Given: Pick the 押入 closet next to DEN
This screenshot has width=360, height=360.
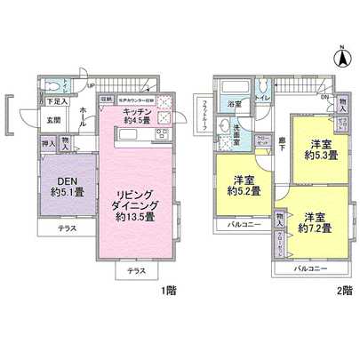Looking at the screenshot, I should tap(48, 142).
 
